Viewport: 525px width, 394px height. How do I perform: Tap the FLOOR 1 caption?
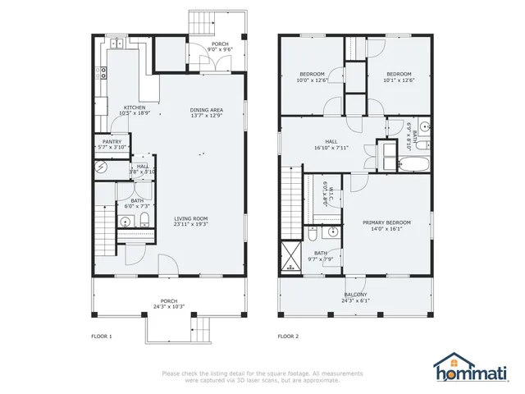pyautogui.click(x=101, y=337)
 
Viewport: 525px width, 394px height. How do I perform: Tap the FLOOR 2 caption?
pyautogui.click(x=288, y=337)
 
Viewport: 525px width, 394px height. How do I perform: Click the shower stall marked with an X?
pyautogui.click(x=290, y=255)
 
